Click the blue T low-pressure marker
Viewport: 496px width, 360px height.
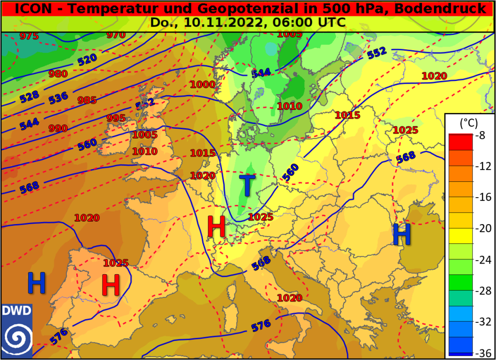[247, 185]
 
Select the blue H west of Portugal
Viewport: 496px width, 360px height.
[36, 283]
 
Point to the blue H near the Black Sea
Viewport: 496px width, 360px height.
[402, 234]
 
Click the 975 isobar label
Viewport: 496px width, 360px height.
[29, 36]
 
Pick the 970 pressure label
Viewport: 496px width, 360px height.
[116, 35]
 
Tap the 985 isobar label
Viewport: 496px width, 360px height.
[87, 100]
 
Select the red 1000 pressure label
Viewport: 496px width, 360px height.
[203, 84]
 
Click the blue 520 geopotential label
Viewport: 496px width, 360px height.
[87, 60]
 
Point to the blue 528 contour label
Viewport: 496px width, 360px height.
[29, 96]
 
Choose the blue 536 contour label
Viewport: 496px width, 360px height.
[58, 98]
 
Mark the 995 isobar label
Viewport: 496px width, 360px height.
[116, 118]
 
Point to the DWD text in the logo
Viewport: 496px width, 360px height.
[16, 310]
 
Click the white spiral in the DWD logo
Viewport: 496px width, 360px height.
[16, 336]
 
